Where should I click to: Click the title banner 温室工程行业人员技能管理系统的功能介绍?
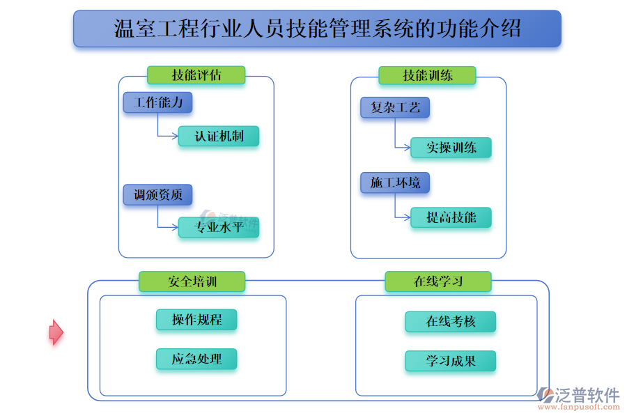[317, 29]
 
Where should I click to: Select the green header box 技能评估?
[196, 75]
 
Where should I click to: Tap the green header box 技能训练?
[427, 75]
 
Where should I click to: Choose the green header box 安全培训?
[192, 281]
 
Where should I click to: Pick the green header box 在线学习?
[438, 281]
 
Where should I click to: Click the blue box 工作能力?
[157, 102]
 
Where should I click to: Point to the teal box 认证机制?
[219, 136]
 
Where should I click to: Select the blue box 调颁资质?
[157, 195]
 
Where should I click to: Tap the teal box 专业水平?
[219, 228]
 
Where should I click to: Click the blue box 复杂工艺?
[395, 108]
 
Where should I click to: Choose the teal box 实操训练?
[451, 148]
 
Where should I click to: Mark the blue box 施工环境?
[395, 183]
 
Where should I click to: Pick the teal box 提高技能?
[451, 217]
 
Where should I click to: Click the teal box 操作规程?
[196, 320]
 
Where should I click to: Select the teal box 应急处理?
[196, 359]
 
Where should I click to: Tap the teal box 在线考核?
[450, 322]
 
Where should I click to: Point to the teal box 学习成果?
[450, 361]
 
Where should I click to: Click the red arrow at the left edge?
[56, 332]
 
